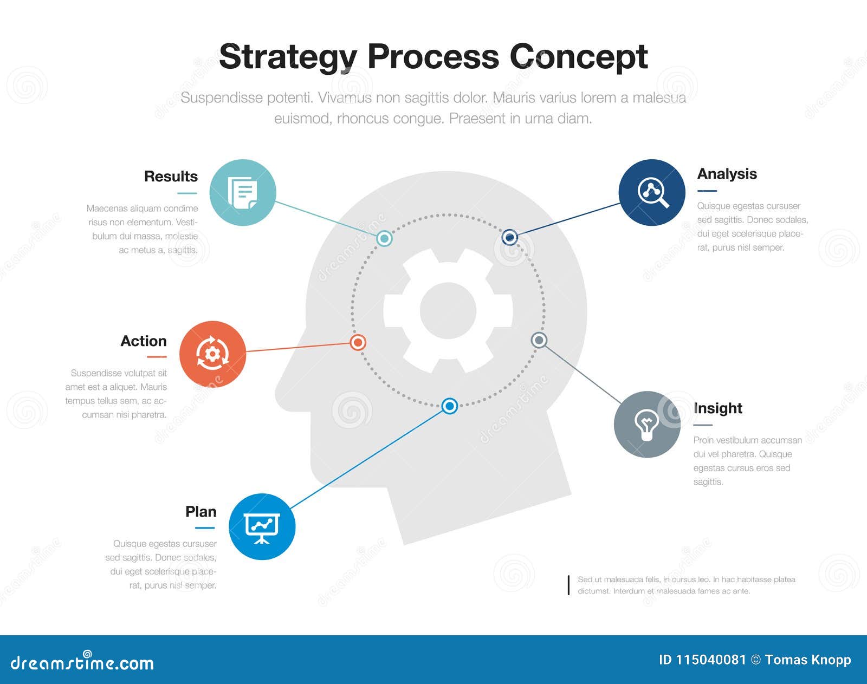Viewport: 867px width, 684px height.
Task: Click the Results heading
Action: (x=171, y=177)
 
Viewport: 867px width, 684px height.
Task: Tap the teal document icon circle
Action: (x=243, y=192)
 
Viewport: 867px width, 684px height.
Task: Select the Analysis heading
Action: (x=727, y=174)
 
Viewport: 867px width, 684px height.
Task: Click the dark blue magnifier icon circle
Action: (x=652, y=192)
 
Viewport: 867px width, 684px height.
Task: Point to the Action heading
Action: (x=144, y=341)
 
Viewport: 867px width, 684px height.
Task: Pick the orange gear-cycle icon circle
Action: (x=212, y=354)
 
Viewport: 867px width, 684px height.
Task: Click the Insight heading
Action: (x=717, y=408)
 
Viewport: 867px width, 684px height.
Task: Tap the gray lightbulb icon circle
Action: (x=647, y=424)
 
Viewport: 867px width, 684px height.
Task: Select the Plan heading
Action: (x=201, y=512)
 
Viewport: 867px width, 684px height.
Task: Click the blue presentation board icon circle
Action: (x=262, y=526)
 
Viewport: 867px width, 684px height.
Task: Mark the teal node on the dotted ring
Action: (x=384, y=238)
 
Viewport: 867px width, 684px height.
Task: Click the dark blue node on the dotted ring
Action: (x=509, y=237)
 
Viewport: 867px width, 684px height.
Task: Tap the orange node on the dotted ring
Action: (x=358, y=342)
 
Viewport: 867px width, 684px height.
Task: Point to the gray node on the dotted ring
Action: (x=539, y=340)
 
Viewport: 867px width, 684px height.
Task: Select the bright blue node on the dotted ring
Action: (x=449, y=406)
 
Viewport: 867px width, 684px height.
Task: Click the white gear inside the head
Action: (x=448, y=311)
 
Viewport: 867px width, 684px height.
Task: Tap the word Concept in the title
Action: (x=578, y=56)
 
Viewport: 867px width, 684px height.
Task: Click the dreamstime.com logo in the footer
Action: (x=82, y=662)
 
